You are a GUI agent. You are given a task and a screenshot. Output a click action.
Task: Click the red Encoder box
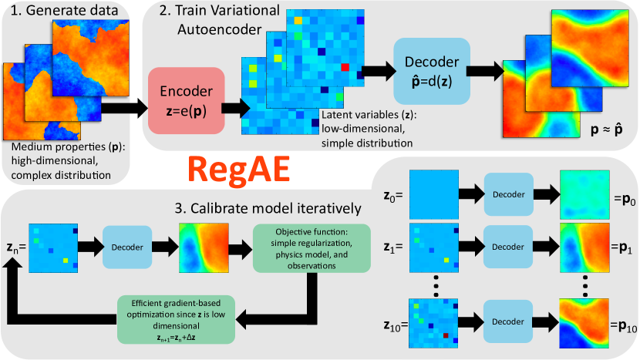[186, 101]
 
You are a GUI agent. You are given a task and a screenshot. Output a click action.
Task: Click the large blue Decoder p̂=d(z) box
[432, 71]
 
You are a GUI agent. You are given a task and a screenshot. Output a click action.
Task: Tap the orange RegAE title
[239, 170]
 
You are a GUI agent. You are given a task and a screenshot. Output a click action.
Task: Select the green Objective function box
[312, 248]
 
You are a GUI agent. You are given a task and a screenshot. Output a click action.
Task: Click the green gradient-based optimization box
[177, 320]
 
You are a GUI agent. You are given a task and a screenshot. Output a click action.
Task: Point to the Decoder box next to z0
[509, 194]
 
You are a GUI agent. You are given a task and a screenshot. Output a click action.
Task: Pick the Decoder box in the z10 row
[507, 321]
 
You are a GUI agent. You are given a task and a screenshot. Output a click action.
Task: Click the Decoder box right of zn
[127, 247]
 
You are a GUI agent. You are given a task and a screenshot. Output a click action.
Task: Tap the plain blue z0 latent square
[434, 194]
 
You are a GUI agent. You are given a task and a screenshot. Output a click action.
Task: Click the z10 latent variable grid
[433, 323]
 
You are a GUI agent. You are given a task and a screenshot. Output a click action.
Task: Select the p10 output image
[584, 323]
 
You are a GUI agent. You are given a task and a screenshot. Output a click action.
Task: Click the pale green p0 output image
[584, 195]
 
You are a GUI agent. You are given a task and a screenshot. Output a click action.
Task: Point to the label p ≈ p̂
[607, 130]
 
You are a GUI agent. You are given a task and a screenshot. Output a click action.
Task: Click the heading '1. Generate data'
[64, 10]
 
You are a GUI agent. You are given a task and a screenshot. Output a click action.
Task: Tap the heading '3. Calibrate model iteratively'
[268, 208]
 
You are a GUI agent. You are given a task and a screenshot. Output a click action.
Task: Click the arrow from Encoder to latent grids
[236, 109]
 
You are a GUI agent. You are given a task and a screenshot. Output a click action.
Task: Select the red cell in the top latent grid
[345, 67]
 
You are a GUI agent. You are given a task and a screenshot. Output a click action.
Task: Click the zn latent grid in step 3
[53, 247]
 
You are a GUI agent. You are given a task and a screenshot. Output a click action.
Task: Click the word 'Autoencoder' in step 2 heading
[220, 29]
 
